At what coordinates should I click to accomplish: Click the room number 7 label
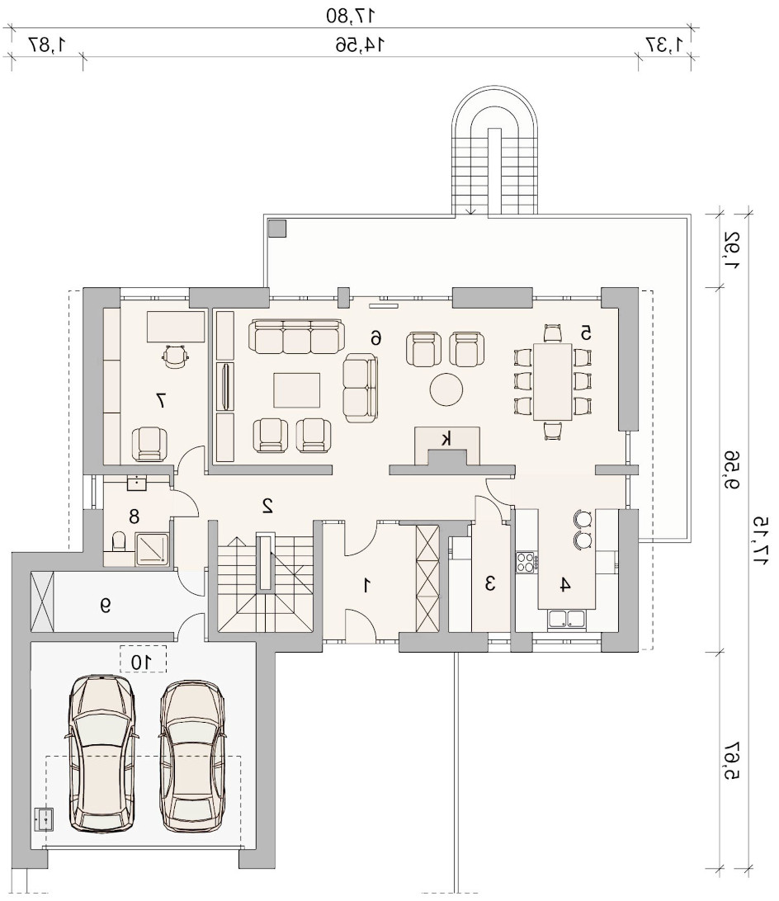[161, 400]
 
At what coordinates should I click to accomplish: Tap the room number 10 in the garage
[141, 662]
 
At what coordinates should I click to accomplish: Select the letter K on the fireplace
[446, 440]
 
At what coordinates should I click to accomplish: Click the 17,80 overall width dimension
[350, 16]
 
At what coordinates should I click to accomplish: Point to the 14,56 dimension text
[360, 45]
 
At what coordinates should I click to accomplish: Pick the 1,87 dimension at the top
[46, 45]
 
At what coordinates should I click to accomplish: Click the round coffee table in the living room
[446, 389]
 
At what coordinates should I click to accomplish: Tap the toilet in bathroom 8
[119, 542]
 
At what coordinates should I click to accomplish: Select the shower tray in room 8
[153, 549]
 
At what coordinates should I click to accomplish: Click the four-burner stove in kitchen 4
[526, 562]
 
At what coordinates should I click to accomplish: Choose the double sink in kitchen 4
[567, 618]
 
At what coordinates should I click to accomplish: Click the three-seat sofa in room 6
[296, 337]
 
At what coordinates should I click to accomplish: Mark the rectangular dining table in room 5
[553, 381]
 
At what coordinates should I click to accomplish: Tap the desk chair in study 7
[175, 356]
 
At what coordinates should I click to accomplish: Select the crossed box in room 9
[43, 602]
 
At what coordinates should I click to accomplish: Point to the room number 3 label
[490, 584]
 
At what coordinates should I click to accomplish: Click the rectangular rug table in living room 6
[296, 390]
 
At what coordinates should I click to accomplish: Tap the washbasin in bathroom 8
[137, 483]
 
